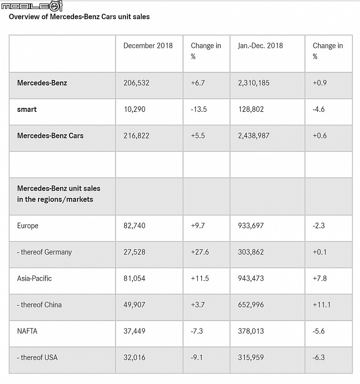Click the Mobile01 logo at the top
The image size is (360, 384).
tap(32, 6)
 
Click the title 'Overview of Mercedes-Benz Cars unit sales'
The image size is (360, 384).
tap(79, 16)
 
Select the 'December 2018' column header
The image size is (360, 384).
tap(148, 45)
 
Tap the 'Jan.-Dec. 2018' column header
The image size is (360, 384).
tap(260, 45)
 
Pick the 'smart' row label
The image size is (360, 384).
tap(26, 109)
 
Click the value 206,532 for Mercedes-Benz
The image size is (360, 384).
tap(136, 83)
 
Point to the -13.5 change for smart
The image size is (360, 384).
tap(198, 109)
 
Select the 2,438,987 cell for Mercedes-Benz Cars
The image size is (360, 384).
tap(253, 136)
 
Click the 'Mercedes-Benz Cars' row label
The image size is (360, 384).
tap(50, 136)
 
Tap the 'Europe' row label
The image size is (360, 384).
tap(27, 226)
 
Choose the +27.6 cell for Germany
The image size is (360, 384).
tap(200, 252)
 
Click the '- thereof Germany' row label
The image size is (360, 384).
tap(44, 252)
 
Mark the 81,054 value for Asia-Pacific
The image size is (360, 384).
tap(134, 279)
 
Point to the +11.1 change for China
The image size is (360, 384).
tap(321, 305)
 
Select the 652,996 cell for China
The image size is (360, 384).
tap(251, 305)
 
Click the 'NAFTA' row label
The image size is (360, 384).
tap(27, 331)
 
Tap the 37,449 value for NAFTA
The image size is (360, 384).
tap(134, 331)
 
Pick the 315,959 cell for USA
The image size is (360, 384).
tap(251, 358)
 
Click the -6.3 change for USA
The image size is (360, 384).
tap(318, 358)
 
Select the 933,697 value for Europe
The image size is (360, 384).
tap(251, 226)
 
